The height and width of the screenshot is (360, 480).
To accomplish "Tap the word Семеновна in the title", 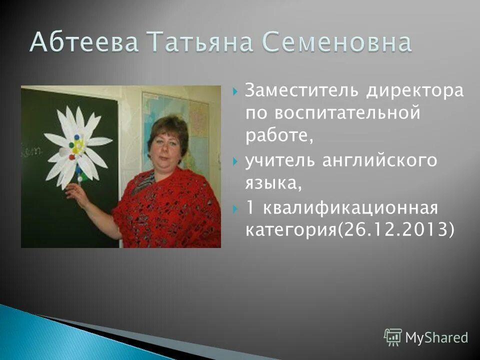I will point(337,43).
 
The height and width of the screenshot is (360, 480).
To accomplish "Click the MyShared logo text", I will point(436,337).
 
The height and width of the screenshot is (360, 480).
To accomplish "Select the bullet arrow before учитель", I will point(235,161).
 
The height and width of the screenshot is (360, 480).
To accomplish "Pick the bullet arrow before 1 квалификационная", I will point(235,207).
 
